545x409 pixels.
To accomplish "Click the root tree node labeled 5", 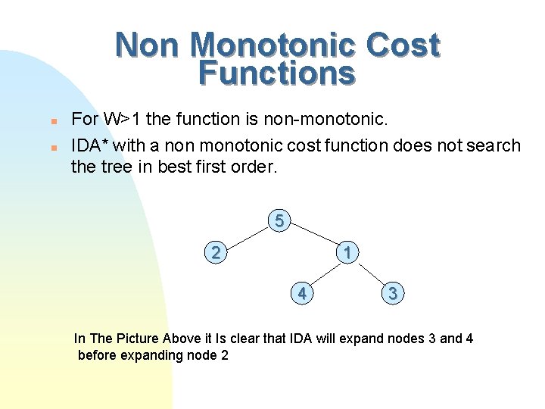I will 279,222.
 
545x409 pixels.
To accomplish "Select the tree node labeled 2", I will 216,252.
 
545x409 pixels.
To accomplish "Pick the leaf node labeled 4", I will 302,292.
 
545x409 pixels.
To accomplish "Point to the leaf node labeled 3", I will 392,293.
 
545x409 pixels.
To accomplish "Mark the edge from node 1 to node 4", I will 324,273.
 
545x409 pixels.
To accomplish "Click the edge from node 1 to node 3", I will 369,273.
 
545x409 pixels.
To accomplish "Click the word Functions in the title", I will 276,74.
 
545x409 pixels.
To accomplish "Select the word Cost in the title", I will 402,45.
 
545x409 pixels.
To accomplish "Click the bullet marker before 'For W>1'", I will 53,121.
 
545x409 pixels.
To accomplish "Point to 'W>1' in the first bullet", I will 121,120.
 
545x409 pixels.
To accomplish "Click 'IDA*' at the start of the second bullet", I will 88,145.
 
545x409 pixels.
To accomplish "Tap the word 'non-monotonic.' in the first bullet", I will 333,120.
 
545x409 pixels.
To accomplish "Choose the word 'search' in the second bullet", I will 496,145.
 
